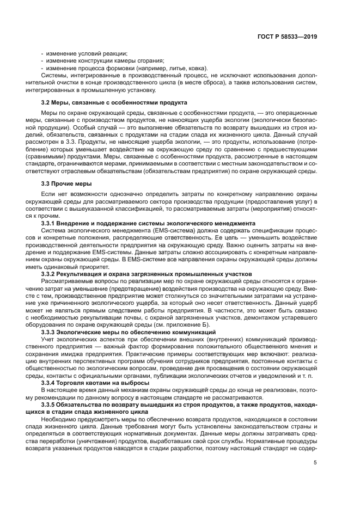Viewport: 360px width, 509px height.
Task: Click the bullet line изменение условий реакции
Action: pyautogui.click(x=86, y=53)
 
